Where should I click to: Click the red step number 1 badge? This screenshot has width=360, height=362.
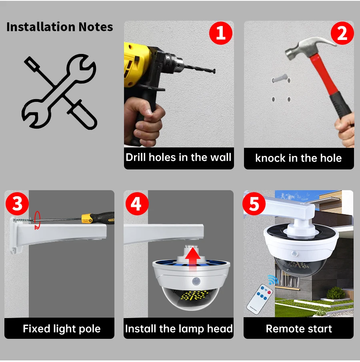[221, 33]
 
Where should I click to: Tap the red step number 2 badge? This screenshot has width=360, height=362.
[342, 33]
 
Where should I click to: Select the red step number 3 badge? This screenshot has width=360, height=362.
[17, 204]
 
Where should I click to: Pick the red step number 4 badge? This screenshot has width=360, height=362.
[137, 204]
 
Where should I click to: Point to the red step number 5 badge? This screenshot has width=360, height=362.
[254, 204]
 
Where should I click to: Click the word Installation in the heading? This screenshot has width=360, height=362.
[41, 27]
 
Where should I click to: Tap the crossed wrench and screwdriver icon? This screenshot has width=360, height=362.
[59, 91]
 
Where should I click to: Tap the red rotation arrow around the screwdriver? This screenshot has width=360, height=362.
[37, 220]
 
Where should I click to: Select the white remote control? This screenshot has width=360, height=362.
[260, 299]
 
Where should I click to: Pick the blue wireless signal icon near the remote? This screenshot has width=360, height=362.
[273, 280]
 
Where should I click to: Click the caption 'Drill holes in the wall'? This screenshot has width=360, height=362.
[178, 157]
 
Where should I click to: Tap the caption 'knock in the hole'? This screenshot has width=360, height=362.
[298, 158]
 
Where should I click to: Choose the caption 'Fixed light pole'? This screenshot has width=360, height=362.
[62, 329]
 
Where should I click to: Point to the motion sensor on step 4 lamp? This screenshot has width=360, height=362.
[196, 282]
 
